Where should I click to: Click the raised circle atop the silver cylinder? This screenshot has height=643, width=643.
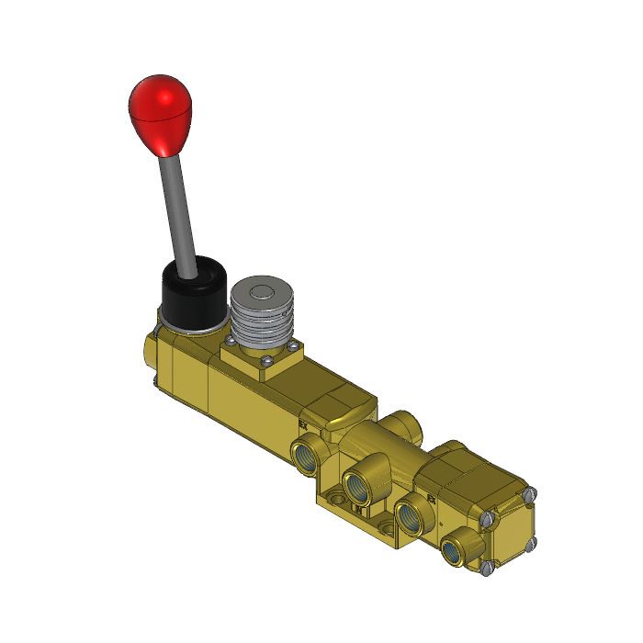(260, 293)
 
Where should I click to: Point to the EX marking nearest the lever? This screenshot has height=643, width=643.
(302, 425)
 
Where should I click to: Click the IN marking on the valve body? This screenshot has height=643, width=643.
(358, 508)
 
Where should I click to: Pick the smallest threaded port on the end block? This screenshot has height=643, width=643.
(452, 551)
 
